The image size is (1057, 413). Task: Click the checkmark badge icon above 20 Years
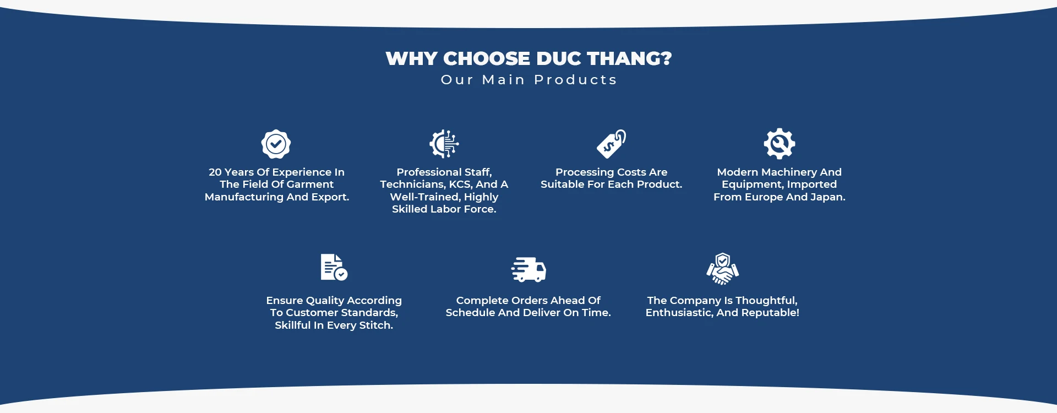(276, 144)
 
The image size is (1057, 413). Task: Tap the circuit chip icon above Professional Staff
(444, 144)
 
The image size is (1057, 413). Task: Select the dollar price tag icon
(612, 144)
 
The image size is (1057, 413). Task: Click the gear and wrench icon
(780, 144)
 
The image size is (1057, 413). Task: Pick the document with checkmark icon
(334, 267)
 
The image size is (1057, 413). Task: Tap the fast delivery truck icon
(528, 269)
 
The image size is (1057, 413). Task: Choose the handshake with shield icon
(723, 269)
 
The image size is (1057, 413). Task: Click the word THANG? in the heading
(629, 58)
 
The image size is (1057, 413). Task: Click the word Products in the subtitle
(575, 80)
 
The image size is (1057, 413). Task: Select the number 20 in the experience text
(215, 172)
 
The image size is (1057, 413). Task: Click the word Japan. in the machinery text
(827, 197)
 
